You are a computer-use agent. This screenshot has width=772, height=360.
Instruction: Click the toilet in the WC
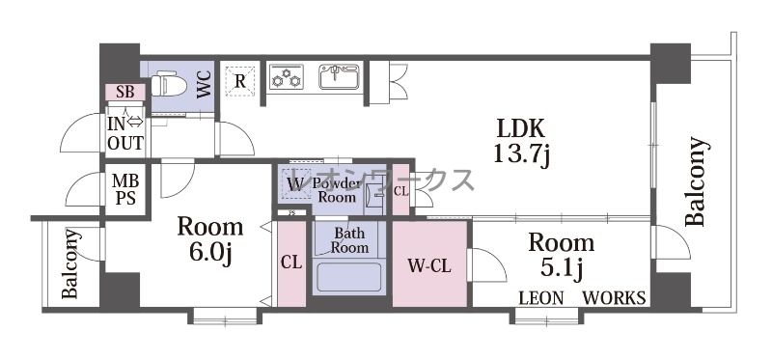click(168, 84)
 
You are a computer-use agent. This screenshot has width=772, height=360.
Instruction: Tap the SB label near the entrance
click(125, 92)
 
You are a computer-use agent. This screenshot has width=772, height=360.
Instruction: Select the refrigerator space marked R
click(239, 80)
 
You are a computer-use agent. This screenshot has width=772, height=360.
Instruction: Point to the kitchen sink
click(340, 77)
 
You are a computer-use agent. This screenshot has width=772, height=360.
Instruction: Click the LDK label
click(521, 129)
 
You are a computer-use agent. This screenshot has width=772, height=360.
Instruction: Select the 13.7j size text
click(521, 156)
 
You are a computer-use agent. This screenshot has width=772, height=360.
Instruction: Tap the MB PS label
click(125, 190)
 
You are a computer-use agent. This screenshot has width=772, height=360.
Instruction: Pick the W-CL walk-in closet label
click(429, 267)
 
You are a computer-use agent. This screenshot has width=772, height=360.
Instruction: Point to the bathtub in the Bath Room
click(349, 277)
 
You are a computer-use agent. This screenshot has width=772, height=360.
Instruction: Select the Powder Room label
click(337, 190)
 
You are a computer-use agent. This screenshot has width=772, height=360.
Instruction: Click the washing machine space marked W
click(295, 184)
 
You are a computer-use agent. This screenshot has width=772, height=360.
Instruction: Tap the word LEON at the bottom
click(541, 298)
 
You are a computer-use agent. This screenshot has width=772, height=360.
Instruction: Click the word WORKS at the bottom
click(614, 298)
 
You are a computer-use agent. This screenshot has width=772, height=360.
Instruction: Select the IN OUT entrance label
click(125, 132)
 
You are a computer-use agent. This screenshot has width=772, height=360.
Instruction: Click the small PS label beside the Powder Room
click(291, 213)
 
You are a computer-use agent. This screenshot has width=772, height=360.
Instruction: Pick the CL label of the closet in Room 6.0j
click(291, 263)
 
